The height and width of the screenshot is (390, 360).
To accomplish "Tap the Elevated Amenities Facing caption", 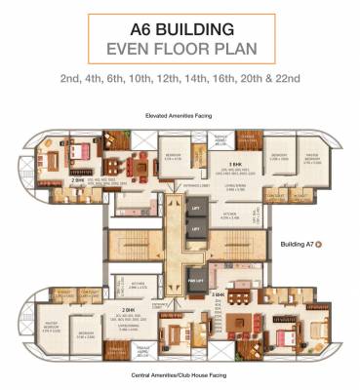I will click(x=179, y=115).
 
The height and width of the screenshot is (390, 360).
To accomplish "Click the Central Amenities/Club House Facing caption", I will click(x=179, y=374).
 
